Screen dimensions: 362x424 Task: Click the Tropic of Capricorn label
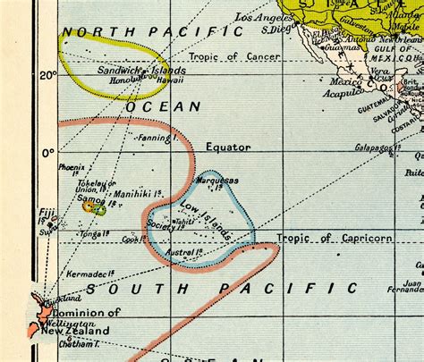point(334,238)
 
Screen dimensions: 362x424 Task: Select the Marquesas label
point(216,180)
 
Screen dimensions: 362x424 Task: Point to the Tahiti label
point(184,221)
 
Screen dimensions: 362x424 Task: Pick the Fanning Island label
point(154,139)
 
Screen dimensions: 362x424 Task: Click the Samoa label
point(90,200)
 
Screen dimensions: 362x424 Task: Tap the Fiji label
point(47,213)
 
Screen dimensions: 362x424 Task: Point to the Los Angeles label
point(265,17)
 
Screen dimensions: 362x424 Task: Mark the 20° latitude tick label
point(47,75)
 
